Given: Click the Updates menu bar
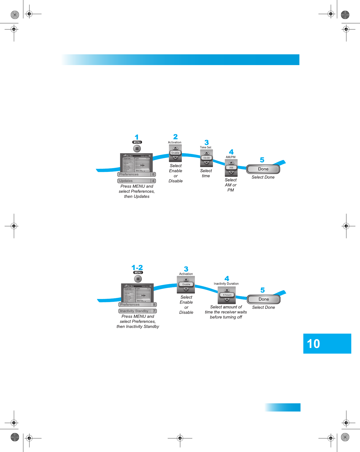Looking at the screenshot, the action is pos(136,181).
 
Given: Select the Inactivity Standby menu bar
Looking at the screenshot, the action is pos(137,311).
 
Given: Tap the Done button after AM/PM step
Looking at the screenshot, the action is pos(263,169).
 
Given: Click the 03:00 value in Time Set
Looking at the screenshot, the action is pos(206,158).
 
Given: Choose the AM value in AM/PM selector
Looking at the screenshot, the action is pos(231,168).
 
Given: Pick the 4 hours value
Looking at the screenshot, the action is pos(227,295).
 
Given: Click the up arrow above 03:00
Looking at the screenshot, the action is pos(206,153).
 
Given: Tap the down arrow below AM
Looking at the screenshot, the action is pos(231,172).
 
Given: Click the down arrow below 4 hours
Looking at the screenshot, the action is pos(227,300).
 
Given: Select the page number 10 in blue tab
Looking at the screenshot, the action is pos(314,344).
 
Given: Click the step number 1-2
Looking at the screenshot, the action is pos(137,268).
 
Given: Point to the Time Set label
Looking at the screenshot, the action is pos(206,147).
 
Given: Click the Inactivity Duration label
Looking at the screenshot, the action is pos(226,284).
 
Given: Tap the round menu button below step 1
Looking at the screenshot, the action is pos(137,149).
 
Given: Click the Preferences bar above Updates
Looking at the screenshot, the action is pos(136,174).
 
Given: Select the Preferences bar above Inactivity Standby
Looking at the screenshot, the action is pos(137,305).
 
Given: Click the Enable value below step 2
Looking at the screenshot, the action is pos(175,153).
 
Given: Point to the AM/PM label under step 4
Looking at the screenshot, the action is pos(231,157).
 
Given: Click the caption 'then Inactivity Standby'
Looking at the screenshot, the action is pos(138,326).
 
